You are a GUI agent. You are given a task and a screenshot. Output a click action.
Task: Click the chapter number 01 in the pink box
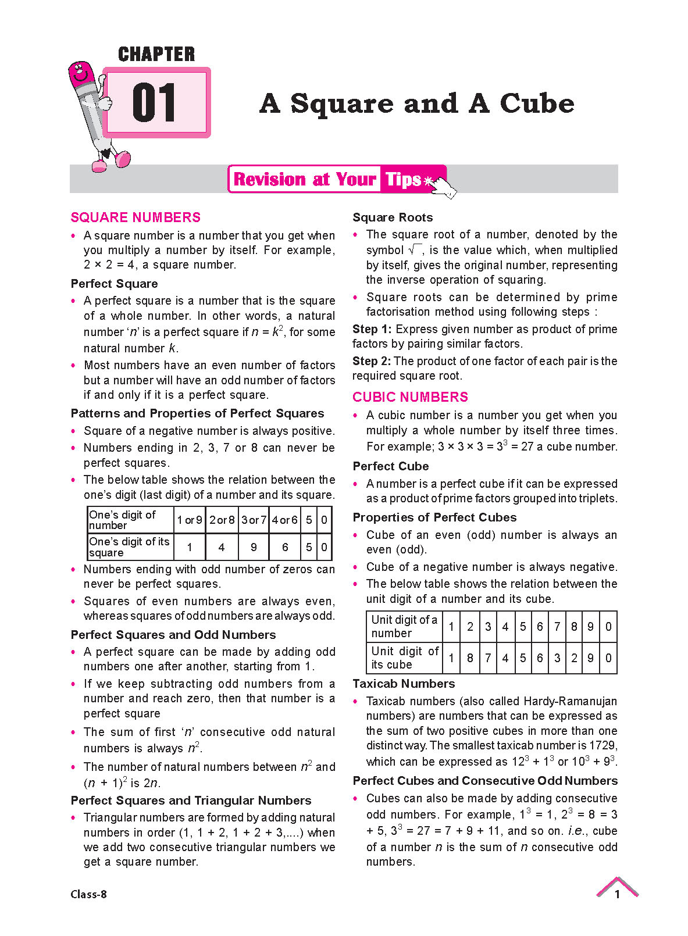click(154, 103)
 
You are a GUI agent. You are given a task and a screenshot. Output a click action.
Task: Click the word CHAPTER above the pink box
click(156, 54)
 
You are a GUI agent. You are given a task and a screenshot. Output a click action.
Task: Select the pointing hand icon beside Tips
click(443, 185)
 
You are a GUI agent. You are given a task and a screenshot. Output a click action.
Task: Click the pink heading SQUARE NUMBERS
click(136, 217)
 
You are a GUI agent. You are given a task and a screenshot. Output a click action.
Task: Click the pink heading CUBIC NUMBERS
click(410, 397)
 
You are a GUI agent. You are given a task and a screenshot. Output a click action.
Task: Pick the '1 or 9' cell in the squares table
click(190, 520)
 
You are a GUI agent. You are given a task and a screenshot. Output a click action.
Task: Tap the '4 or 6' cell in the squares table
click(285, 520)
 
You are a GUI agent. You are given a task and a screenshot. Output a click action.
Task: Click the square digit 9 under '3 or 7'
click(254, 547)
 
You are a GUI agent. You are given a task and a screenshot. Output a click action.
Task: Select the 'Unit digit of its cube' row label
click(404, 658)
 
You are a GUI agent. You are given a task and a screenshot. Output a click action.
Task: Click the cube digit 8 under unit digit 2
click(470, 658)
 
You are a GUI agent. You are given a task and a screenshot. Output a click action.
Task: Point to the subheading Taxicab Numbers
click(404, 684)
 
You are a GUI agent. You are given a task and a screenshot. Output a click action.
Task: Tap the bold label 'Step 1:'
click(372, 329)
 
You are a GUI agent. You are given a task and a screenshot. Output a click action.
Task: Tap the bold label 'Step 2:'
click(372, 361)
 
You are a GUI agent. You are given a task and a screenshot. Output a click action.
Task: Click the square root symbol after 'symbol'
click(415, 250)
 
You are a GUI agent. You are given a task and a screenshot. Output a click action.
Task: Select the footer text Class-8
click(88, 894)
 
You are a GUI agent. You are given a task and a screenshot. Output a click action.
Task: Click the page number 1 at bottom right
click(617, 894)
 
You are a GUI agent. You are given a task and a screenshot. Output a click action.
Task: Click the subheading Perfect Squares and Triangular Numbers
click(191, 801)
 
